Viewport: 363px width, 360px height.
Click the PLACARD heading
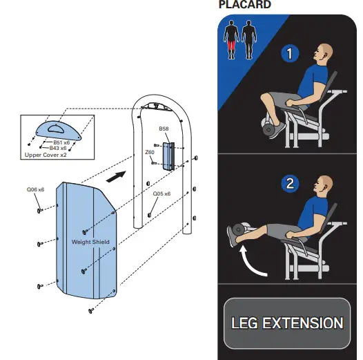click(x=244, y=6)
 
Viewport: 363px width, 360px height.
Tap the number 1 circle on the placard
click(x=290, y=53)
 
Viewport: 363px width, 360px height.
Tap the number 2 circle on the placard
click(x=290, y=184)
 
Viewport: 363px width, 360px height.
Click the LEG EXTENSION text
click(x=286, y=323)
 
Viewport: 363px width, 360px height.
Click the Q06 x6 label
click(x=36, y=189)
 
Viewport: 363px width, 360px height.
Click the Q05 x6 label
click(x=161, y=194)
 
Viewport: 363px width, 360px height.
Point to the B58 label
click(x=164, y=129)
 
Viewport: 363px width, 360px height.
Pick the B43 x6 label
click(x=58, y=148)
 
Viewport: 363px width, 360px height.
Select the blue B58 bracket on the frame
click(x=168, y=155)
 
